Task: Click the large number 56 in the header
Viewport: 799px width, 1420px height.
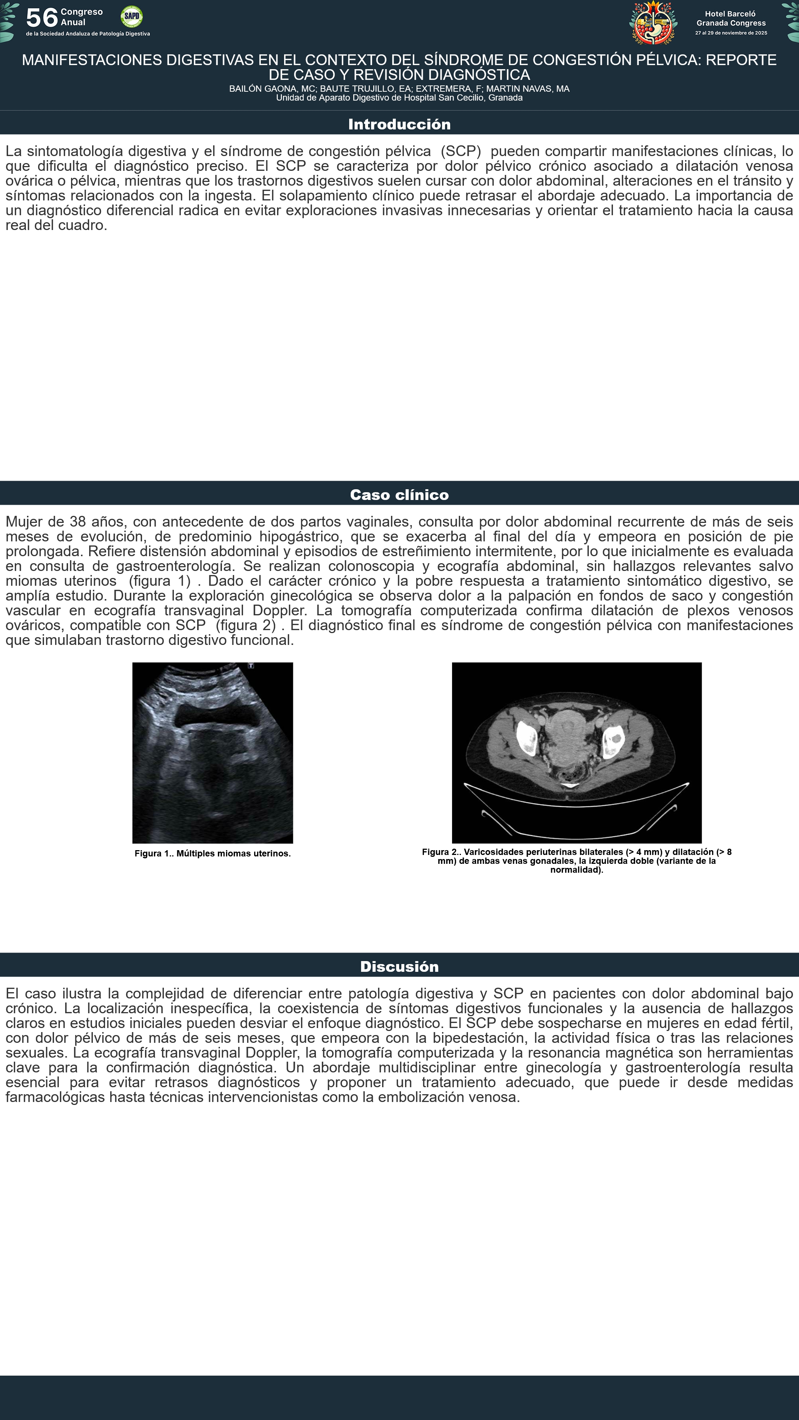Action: (x=42, y=18)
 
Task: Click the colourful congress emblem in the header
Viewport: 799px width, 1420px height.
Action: (x=653, y=23)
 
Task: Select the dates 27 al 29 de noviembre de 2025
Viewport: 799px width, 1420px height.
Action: (x=731, y=33)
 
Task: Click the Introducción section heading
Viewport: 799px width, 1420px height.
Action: (x=399, y=125)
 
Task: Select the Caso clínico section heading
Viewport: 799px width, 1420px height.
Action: (x=399, y=495)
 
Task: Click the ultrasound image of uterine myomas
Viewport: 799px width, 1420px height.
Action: (x=212, y=753)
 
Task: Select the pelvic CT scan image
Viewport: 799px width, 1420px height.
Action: (x=576, y=753)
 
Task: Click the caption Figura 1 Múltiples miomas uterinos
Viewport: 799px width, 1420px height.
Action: (x=212, y=853)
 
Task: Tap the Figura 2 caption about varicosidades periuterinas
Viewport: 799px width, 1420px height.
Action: (x=576, y=861)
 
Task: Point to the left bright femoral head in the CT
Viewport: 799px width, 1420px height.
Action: (x=527, y=739)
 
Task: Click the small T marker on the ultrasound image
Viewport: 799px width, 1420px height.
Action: (x=251, y=666)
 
